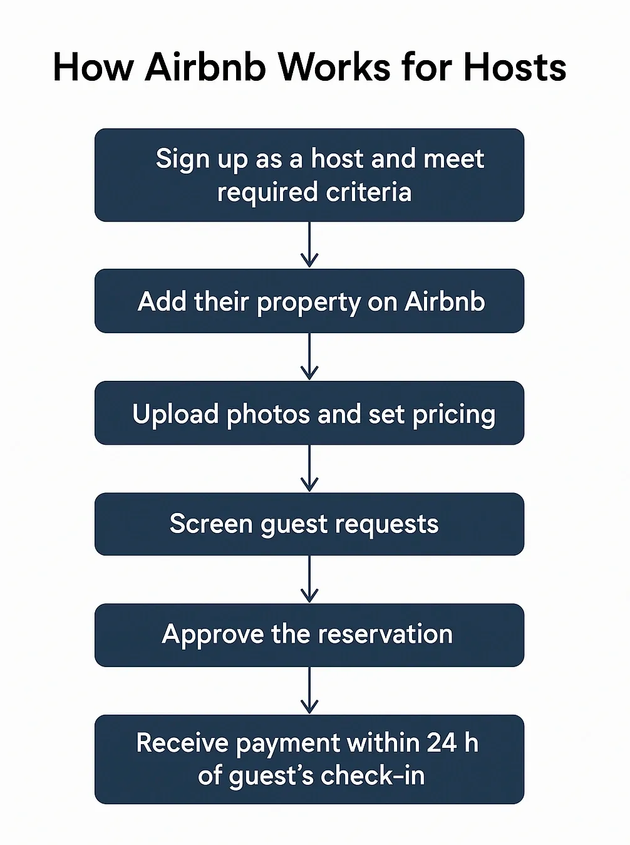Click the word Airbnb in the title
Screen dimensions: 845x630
pyautogui.click(x=205, y=67)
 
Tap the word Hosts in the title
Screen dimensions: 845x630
pyautogui.click(x=514, y=67)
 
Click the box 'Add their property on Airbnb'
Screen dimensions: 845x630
pyautogui.click(x=309, y=301)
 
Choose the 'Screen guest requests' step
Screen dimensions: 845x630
pyautogui.click(x=309, y=524)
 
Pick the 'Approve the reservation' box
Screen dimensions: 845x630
pyautogui.click(x=309, y=635)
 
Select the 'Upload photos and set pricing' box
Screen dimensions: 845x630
pyautogui.click(x=309, y=413)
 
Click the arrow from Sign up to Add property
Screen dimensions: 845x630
pyautogui.click(x=309, y=245)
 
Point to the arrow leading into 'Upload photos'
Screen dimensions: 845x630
pyautogui.click(x=309, y=356)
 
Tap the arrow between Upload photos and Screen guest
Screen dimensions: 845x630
pyautogui.click(x=309, y=469)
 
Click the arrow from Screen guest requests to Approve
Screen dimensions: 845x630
pyautogui.click(x=309, y=579)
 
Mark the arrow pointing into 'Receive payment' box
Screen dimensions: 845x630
pyautogui.click(x=309, y=690)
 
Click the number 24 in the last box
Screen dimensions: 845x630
pyautogui.click(x=442, y=743)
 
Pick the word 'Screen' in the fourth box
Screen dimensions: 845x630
pyautogui.click(x=210, y=524)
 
